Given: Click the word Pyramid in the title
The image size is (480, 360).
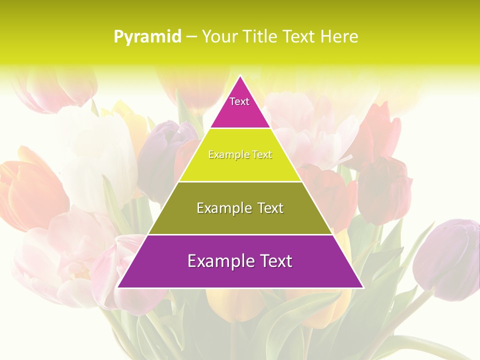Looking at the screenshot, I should click(x=147, y=37).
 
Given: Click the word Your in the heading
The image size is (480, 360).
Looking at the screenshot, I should click(x=220, y=36).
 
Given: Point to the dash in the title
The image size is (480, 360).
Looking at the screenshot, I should click(x=191, y=37).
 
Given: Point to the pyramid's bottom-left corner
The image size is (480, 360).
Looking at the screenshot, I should click(x=118, y=287).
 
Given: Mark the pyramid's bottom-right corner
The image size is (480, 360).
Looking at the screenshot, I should click(x=362, y=287).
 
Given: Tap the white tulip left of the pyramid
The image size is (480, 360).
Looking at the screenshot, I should click(x=95, y=150).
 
